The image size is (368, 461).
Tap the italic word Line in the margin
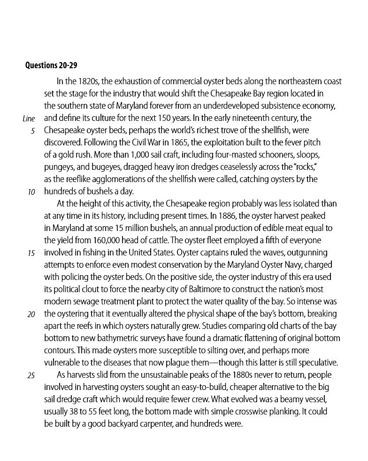click(29, 118)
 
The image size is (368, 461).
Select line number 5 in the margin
click(33, 130)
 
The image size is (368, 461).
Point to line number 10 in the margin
click(31, 191)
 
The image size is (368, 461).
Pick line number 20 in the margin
click(31, 314)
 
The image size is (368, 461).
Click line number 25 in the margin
click(31, 375)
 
